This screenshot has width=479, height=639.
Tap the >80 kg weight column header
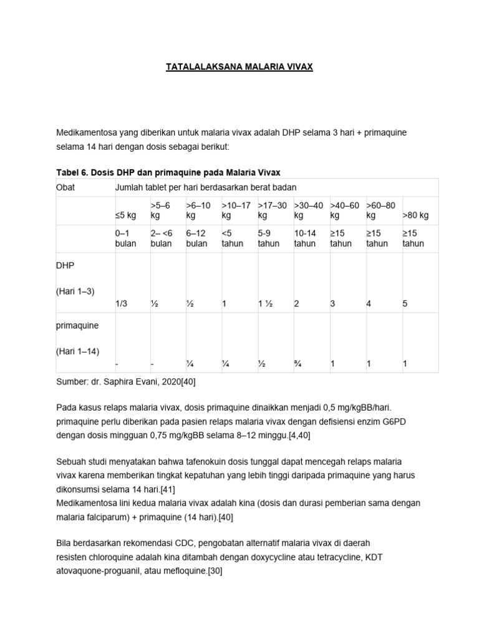415,215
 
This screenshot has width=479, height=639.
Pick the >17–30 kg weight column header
273,210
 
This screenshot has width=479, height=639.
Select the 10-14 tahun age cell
305,238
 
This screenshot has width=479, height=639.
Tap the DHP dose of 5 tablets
405,303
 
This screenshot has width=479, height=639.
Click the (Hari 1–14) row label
78,351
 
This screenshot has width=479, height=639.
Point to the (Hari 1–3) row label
75,291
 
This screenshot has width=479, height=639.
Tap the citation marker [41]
166,489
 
